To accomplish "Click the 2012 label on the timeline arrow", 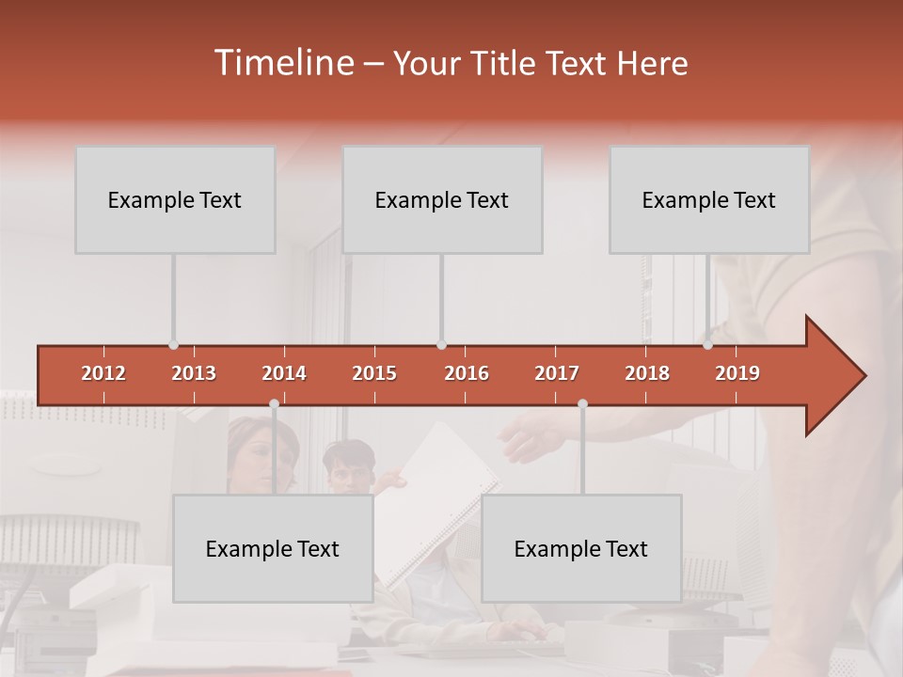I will pyautogui.click(x=103, y=373).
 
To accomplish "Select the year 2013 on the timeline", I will pyautogui.click(x=194, y=373).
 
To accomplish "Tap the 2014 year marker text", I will pyautogui.click(x=284, y=373).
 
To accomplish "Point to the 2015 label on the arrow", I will pyautogui.click(x=374, y=373).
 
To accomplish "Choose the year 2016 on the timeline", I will pyautogui.click(x=467, y=373).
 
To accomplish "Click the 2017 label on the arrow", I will pyautogui.click(x=557, y=373).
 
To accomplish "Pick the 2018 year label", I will pyautogui.click(x=647, y=373).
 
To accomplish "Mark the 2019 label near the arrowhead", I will pyautogui.click(x=737, y=373).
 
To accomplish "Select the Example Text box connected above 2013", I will pyautogui.click(x=175, y=199).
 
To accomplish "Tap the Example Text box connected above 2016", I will pyautogui.click(x=442, y=199).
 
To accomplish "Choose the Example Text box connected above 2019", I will pyautogui.click(x=709, y=199).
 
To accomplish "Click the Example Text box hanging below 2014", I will pyautogui.click(x=273, y=548).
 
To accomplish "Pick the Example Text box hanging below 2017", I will pyautogui.click(x=581, y=548).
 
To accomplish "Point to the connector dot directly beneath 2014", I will pyautogui.click(x=274, y=403).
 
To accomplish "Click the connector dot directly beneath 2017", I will pyautogui.click(x=582, y=403).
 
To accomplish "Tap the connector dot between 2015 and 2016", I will pyautogui.click(x=441, y=344).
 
